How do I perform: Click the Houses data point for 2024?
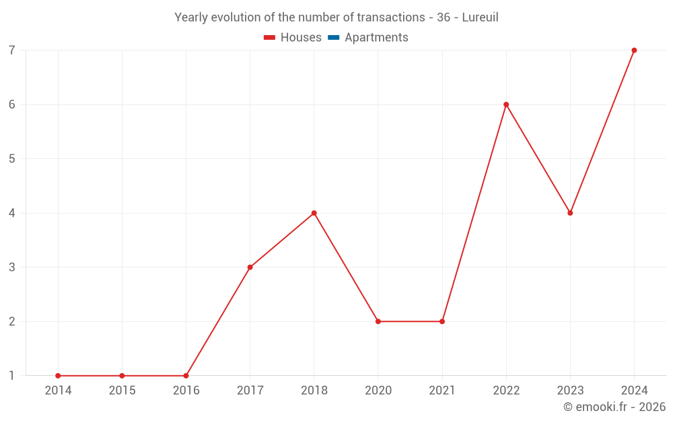634,51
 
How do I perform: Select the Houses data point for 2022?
506,104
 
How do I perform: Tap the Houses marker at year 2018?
314,213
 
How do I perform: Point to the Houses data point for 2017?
250,267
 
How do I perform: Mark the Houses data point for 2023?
570,213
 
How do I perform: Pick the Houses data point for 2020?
378,321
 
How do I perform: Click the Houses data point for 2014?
58,376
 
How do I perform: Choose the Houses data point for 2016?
186,376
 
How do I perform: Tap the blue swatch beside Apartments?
333,38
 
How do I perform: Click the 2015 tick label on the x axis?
122,391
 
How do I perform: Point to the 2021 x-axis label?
442,391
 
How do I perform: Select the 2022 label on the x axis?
506,391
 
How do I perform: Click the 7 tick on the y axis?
12,51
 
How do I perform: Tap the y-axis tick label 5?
12,159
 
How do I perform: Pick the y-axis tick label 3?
12,267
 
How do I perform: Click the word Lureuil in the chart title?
480,18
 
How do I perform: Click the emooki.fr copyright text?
614,407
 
